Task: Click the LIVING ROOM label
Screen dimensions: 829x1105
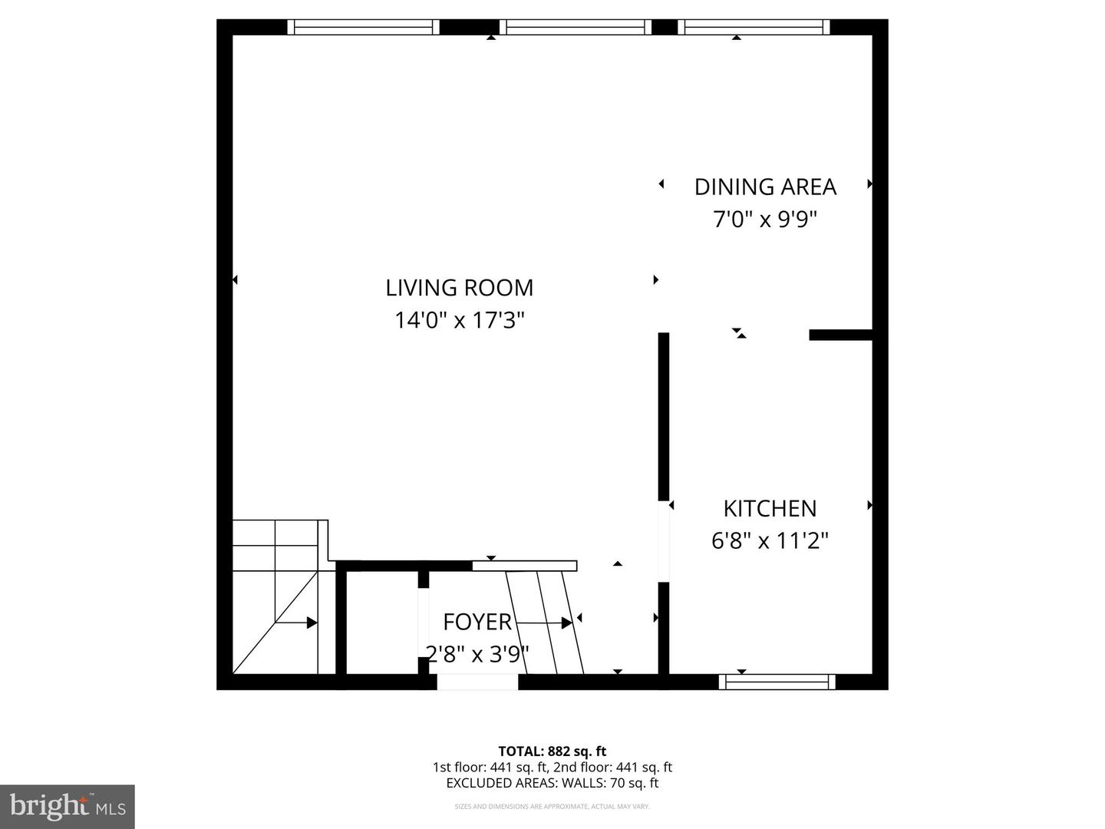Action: tap(459, 288)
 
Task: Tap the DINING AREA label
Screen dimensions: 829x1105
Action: tap(765, 187)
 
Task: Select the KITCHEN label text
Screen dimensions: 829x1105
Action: tap(770, 508)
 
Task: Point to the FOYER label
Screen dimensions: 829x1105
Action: tap(477, 621)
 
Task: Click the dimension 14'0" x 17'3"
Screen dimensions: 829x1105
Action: tap(459, 320)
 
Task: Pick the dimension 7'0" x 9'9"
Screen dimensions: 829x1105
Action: tap(765, 220)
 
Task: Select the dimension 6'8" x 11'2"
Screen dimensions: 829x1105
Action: tap(770, 541)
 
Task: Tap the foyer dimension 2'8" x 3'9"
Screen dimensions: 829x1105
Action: tap(477, 655)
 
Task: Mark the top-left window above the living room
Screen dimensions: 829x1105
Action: tap(363, 28)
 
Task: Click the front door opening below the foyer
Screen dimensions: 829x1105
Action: tap(477, 682)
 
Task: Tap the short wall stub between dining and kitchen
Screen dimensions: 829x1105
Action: tap(840, 335)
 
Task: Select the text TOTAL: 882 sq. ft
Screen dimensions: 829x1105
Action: tap(552, 751)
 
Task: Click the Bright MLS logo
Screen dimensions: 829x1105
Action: tap(67, 806)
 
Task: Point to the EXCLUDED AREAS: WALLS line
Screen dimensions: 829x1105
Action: tap(552, 783)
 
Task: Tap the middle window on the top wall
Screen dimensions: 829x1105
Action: tap(576, 28)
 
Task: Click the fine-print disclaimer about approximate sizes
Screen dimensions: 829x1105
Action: tap(552, 807)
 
